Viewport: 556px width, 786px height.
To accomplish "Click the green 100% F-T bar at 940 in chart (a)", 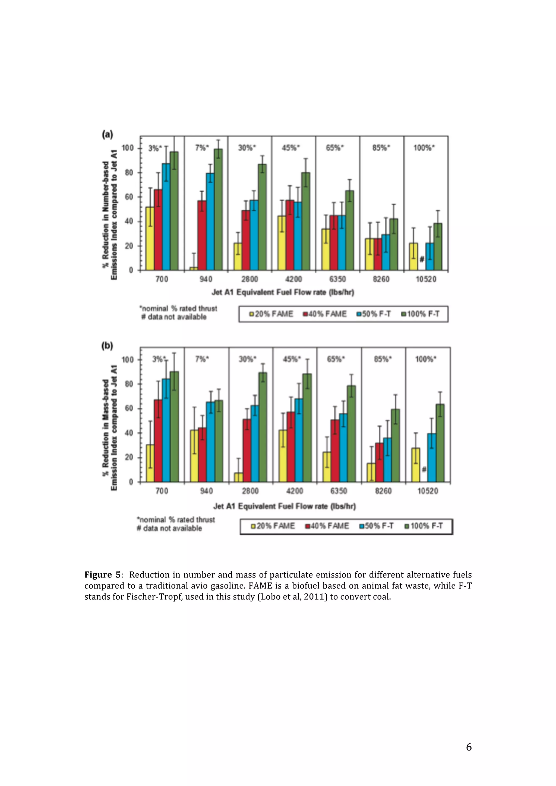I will (x=218, y=209).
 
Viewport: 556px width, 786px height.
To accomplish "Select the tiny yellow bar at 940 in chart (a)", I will (x=194, y=269).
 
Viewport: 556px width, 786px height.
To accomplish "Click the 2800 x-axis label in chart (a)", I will (x=249, y=279).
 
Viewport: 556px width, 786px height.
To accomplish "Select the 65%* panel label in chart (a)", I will (x=335, y=148).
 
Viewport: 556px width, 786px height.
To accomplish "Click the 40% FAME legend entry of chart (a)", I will (x=324, y=314).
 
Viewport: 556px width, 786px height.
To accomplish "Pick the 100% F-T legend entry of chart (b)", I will (x=424, y=526).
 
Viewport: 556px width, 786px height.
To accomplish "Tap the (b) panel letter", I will (x=107, y=346).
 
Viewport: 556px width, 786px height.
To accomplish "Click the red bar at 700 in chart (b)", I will (x=158, y=440).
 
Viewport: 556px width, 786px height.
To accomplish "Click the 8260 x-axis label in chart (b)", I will (x=383, y=491).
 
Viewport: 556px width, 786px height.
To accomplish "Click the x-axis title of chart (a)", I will (x=283, y=292).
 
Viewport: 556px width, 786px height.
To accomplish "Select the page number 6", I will (x=469, y=747).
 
